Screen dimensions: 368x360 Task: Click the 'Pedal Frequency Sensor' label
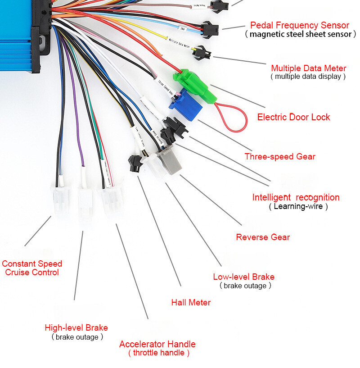pyautogui.click(x=300, y=25)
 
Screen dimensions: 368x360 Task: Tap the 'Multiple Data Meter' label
pyautogui.click(x=308, y=68)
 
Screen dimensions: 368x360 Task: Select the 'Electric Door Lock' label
pyautogui.click(x=293, y=117)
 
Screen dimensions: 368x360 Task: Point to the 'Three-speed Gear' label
pyautogui.click(x=280, y=156)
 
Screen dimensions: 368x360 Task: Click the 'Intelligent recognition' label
pyautogui.click(x=296, y=197)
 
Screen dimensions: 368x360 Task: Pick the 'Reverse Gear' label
pyautogui.click(x=263, y=237)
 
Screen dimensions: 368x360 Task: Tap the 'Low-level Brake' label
pyautogui.click(x=243, y=277)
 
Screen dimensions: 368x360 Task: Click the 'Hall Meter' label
pyautogui.click(x=191, y=302)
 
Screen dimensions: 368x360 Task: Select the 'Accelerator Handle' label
pyautogui.click(x=157, y=344)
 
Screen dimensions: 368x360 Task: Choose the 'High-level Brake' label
pyautogui.click(x=76, y=327)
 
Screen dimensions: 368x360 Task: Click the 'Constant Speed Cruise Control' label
pyautogui.click(x=32, y=268)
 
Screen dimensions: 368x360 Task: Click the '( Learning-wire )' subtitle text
pyautogui.click(x=298, y=206)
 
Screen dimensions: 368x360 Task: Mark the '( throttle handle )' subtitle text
pyautogui.click(x=158, y=353)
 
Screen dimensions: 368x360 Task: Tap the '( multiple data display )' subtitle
pyautogui.click(x=308, y=77)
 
